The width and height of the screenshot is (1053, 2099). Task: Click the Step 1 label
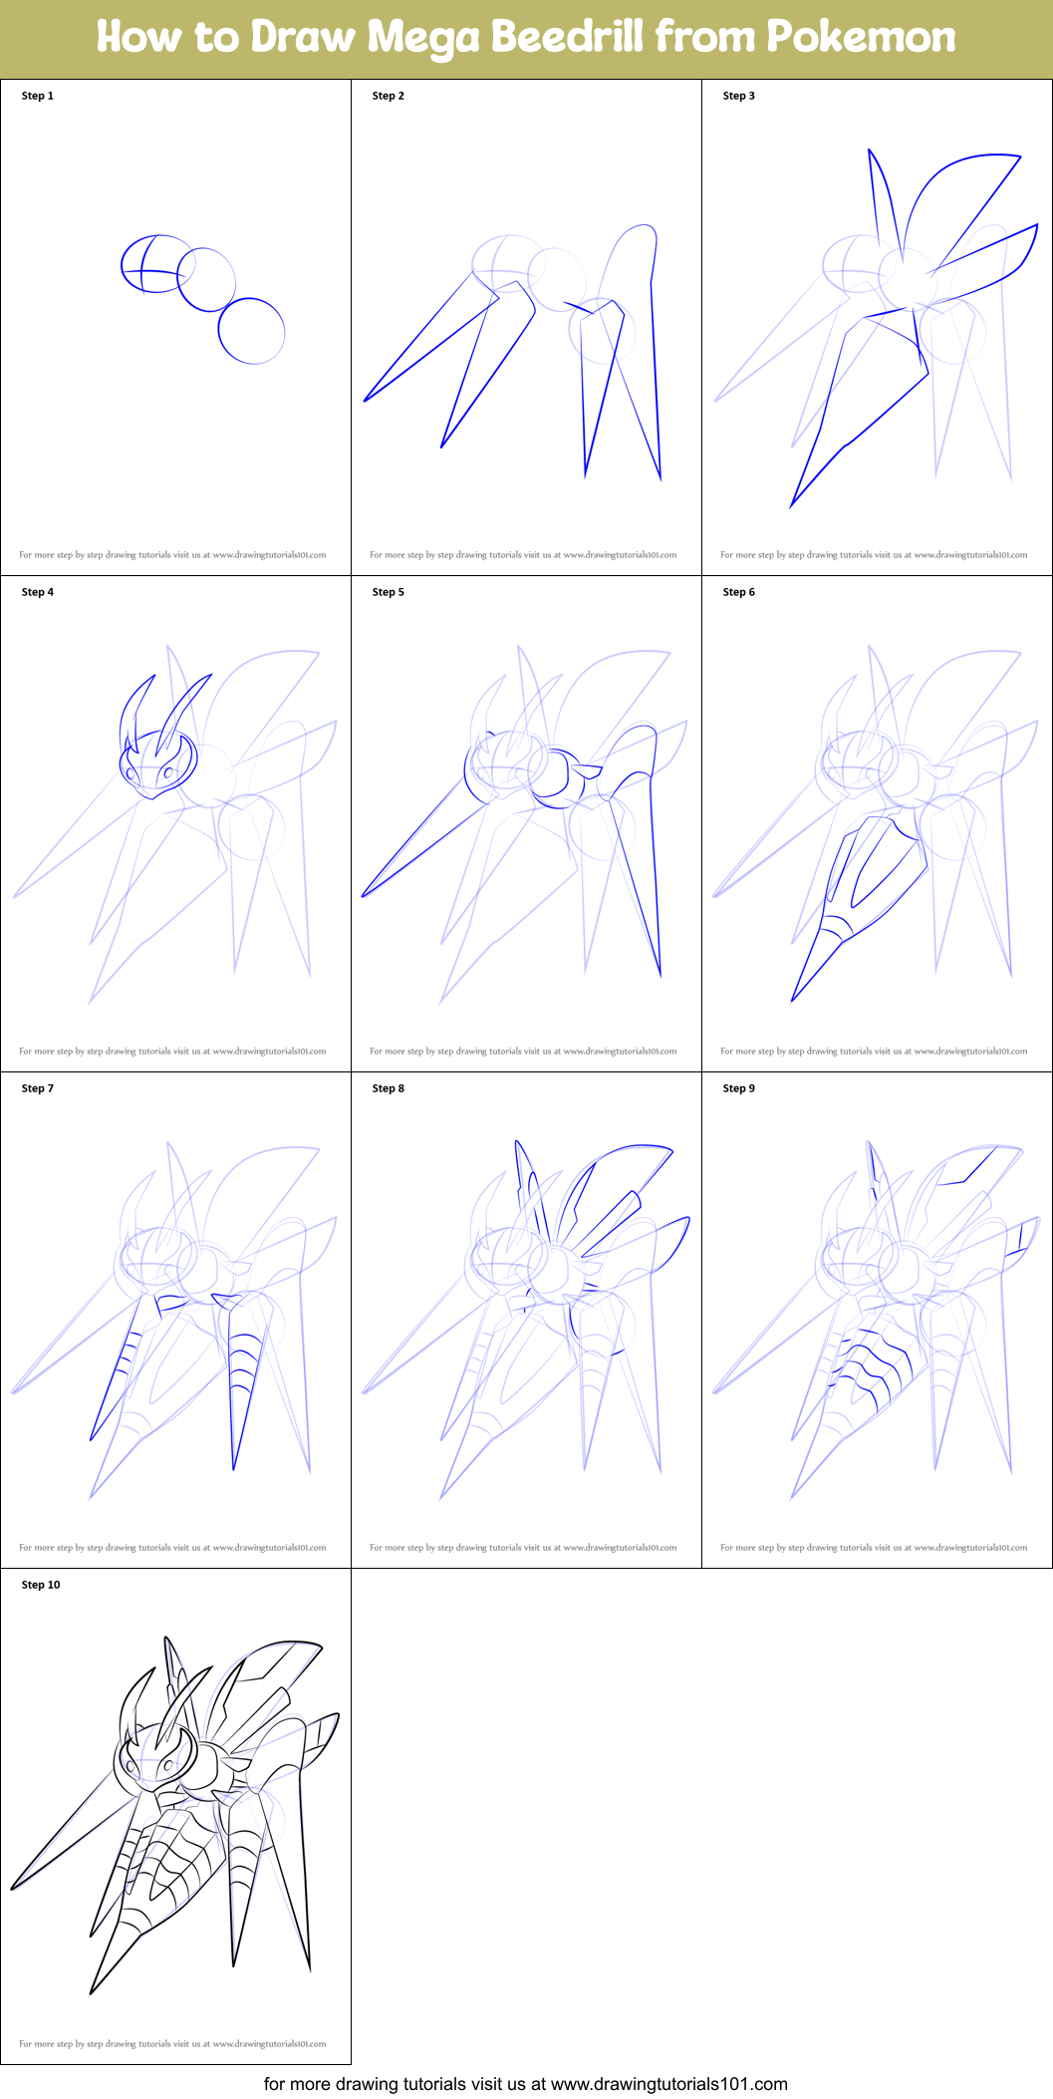tap(38, 96)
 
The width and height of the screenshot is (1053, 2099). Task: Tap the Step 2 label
tap(389, 96)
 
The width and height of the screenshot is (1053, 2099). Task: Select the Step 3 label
tap(739, 96)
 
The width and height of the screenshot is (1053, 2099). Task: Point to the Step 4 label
tap(38, 592)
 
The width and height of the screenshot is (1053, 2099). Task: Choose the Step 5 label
tap(389, 592)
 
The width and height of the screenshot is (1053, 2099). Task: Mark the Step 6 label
tap(739, 592)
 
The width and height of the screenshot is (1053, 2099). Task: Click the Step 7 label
tap(38, 1088)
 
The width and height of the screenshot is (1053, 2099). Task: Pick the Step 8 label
tap(389, 1088)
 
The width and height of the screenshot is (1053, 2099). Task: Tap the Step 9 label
tap(739, 1088)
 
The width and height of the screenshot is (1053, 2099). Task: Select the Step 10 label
tap(41, 1585)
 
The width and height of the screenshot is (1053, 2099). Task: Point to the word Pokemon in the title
tap(861, 37)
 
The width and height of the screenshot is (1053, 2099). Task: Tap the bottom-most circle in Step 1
tap(251, 331)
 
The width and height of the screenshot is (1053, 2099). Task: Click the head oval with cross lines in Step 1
tap(156, 263)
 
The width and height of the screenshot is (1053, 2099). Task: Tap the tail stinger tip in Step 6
tap(794, 998)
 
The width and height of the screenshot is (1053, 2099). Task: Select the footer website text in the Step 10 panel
tap(172, 2043)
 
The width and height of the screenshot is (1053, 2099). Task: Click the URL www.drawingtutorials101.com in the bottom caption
tap(668, 2083)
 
